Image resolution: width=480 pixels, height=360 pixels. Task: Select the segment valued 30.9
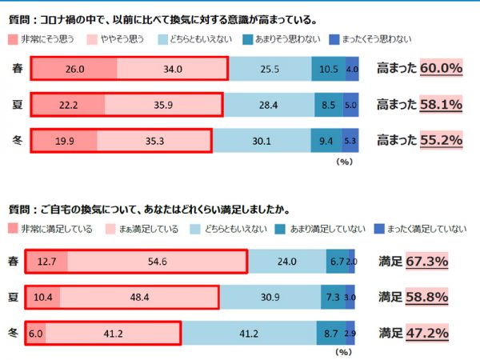(270, 297)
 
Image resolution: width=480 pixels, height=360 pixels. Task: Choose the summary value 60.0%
(442, 69)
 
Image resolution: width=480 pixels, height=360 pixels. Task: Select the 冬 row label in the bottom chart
(13, 332)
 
